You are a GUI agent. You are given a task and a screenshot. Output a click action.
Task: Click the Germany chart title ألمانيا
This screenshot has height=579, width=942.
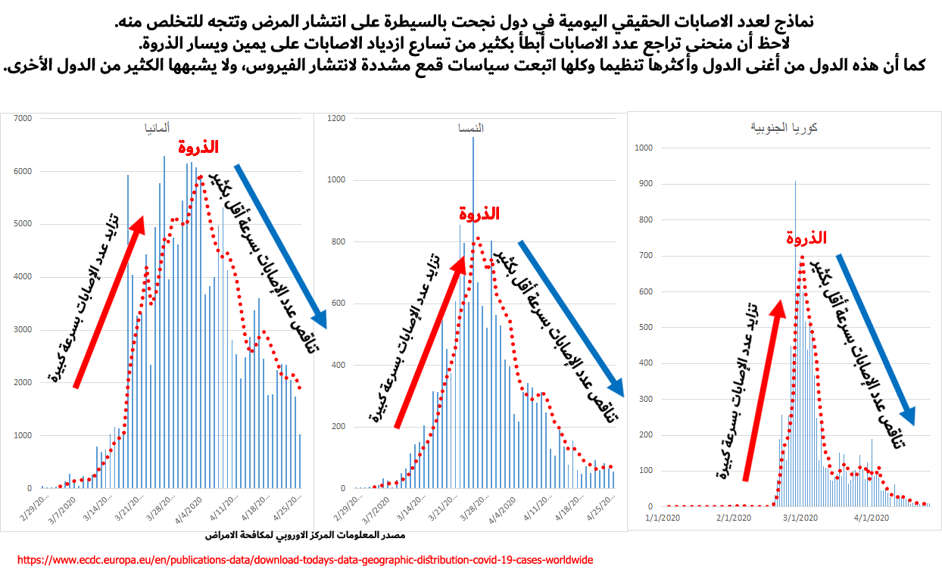pos(158,128)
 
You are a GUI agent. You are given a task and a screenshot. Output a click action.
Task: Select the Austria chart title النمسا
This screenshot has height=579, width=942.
pos(470,128)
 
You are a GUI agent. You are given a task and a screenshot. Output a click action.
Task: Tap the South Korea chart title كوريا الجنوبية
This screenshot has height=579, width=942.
pos(784,127)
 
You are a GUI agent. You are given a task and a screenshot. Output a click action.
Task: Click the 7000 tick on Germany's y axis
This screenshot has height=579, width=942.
pos(23,119)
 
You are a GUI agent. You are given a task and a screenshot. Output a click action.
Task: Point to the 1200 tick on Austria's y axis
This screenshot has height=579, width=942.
pos(336,119)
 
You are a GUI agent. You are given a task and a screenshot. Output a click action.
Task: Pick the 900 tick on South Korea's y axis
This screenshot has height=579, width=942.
pos(645,184)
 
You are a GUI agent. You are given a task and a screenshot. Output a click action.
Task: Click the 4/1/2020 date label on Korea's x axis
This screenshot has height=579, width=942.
pos(872,518)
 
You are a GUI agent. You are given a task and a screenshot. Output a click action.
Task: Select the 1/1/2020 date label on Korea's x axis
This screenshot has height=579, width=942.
pos(663,518)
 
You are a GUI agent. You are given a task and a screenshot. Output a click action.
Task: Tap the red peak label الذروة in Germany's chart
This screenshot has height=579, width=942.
pos(198,147)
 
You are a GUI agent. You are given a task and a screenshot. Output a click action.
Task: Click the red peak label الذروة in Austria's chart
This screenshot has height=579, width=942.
pos(479,213)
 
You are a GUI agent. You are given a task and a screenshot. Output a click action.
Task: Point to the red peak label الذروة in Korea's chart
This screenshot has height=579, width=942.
pos(806,238)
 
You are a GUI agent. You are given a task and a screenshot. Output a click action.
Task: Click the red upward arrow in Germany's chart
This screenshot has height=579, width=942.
pos(109,302)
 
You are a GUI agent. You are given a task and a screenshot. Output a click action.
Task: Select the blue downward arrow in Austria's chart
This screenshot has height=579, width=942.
pos(571,319)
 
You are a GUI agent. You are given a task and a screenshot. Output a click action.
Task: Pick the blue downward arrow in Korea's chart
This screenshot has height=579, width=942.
pos(875,340)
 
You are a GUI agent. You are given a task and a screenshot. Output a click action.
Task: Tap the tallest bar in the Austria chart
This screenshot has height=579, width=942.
pos(473,313)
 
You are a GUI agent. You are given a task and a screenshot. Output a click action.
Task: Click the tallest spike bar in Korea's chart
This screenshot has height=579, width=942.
pos(795,343)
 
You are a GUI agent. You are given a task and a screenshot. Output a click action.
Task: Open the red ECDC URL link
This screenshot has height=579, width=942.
pos(305,560)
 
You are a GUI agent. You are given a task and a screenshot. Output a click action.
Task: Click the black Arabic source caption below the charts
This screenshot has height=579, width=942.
pos(305,535)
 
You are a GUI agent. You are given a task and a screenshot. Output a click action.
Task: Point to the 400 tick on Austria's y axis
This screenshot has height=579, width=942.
pos(338,365)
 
